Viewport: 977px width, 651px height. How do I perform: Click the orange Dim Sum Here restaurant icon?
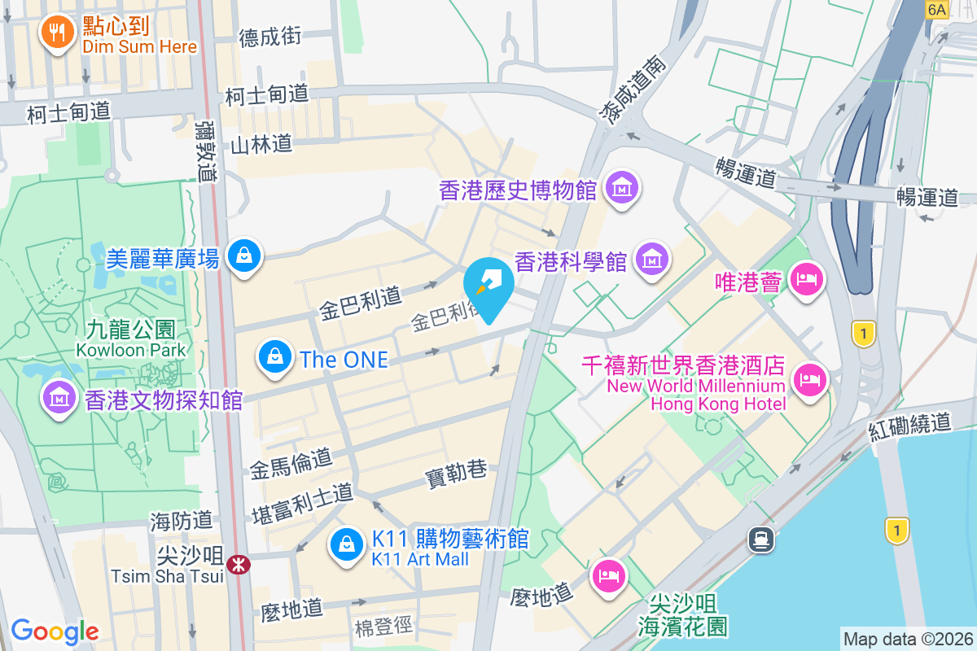(x=56, y=31)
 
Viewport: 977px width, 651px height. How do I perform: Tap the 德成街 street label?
(x=270, y=37)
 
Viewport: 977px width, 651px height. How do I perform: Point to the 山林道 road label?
(x=261, y=145)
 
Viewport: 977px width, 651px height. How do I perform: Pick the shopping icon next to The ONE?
(x=276, y=357)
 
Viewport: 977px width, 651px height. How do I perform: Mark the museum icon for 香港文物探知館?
(x=58, y=398)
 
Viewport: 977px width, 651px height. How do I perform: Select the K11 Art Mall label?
(x=420, y=559)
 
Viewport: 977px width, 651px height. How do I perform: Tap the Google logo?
(x=55, y=631)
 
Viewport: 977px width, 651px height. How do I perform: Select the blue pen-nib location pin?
(x=488, y=285)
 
